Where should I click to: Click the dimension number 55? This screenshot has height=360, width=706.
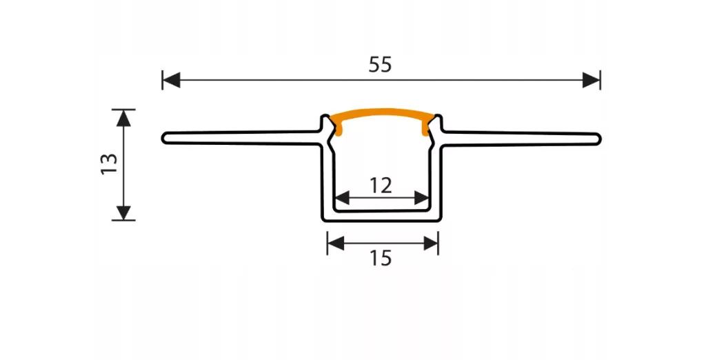381,64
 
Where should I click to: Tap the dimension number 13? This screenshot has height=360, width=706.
110,164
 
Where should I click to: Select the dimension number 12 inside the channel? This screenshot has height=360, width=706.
381,186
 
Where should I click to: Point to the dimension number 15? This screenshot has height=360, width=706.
381,258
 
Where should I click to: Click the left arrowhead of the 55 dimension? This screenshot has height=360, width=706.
171,80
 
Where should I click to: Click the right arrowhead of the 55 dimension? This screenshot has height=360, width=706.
591,80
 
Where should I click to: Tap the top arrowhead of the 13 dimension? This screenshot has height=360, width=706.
123,118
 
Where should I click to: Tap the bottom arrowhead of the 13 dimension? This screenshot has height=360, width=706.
123,212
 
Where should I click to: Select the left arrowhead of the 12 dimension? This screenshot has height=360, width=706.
342,197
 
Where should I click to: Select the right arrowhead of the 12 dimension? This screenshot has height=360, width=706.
421,197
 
